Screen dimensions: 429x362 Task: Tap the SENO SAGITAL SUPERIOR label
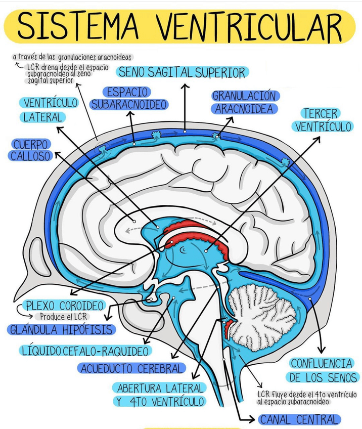tap(182, 72)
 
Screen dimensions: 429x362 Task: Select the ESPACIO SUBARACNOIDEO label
tap(129, 98)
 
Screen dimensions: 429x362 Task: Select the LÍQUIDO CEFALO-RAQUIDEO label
tap(86, 350)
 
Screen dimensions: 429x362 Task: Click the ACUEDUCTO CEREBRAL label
tap(131, 368)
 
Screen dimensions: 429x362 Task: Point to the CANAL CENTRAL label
tap(298, 419)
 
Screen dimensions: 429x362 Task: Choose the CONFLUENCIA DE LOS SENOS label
tap(322, 370)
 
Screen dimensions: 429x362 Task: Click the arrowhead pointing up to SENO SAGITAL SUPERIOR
tap(185, 87)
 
